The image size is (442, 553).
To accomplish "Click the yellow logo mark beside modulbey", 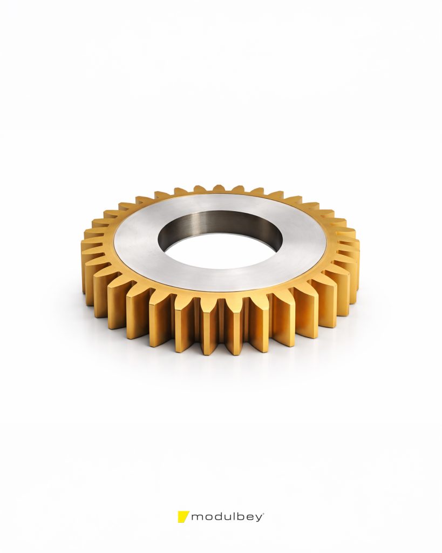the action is pos(183,516).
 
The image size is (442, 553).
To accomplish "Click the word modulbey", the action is pos(227,517).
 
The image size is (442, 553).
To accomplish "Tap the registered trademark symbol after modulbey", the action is pos(263,513).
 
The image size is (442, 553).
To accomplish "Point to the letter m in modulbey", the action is pos(198,518).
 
